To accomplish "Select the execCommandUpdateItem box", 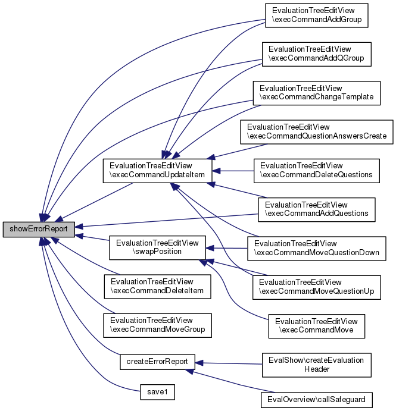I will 156,170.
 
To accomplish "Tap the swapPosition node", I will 157,247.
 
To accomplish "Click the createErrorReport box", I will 157,361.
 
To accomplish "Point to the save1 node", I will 157,393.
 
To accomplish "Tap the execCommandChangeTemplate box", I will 317,93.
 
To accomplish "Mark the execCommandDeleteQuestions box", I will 317,170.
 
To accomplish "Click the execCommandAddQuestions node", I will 316,209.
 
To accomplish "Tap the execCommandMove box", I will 317,325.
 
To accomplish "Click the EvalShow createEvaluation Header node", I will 317,364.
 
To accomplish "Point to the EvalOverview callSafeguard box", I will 317,398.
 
